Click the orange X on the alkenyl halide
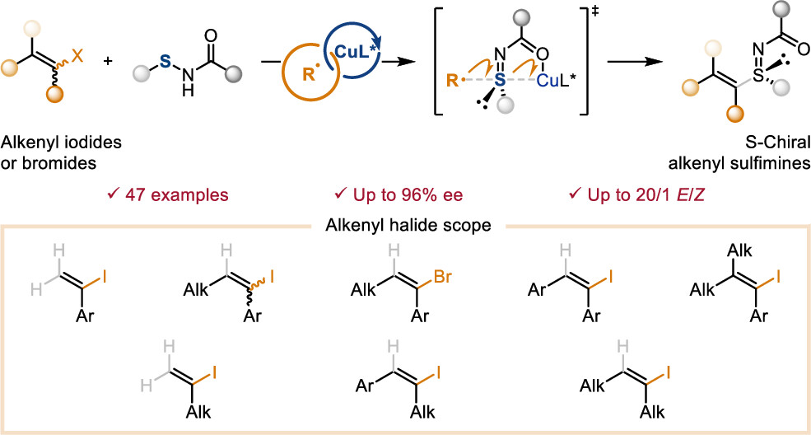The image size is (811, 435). [x=77, y=55]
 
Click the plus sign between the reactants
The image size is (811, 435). [x=108, y=61]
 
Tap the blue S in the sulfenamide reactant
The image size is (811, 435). [x=165, y=62]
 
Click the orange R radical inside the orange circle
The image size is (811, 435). [x=309, y=74]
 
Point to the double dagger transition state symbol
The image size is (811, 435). [x=596, y=12]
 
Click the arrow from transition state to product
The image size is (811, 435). [x=635, y=62]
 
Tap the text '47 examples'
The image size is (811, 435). [x=176, y=195]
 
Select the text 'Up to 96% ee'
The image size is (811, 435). [x=408, y=195]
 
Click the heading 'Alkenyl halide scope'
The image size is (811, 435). [x=408, y=226]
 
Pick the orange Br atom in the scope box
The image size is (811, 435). [x=443, y=277]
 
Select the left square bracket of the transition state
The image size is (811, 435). [x=439, y=62]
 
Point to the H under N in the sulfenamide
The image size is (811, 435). [x=188, y=91]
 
